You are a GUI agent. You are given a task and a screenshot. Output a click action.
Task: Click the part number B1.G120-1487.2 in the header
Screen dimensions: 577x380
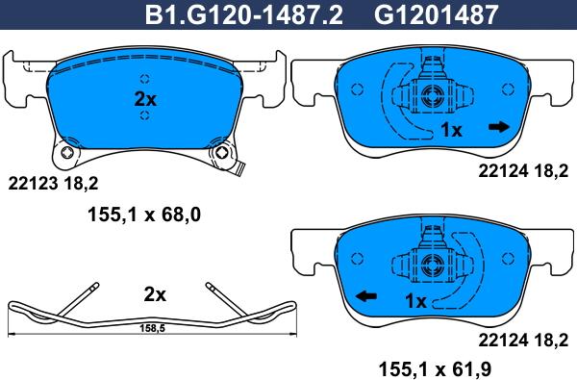point(243,14)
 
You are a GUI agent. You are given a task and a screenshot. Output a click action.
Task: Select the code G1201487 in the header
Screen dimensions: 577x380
point(436,14)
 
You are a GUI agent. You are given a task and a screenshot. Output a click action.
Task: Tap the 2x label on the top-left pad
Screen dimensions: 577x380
point(145,99)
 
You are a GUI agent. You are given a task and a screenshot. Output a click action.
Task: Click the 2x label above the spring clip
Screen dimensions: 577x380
point(155,294)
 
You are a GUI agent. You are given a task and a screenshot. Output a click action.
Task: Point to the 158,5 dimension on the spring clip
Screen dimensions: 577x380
point(152,329)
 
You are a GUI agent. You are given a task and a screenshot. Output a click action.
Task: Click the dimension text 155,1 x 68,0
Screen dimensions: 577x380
point(144,215)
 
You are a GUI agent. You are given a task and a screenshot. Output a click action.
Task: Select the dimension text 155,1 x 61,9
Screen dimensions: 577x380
point(435,368)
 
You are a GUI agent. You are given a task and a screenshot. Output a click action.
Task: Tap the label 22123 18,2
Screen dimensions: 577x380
point(53,183)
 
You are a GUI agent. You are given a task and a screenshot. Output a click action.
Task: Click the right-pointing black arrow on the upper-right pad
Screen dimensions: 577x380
point(498,127)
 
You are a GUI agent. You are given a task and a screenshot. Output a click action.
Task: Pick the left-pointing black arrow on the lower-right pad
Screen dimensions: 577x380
point(366,295)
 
